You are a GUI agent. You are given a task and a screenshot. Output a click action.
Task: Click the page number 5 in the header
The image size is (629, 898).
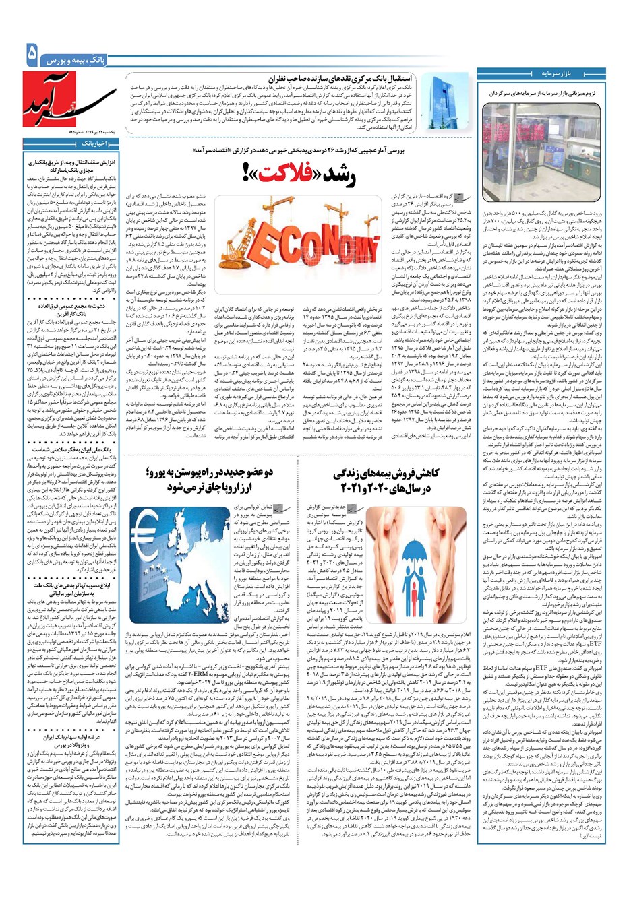(x=31, y=55)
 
